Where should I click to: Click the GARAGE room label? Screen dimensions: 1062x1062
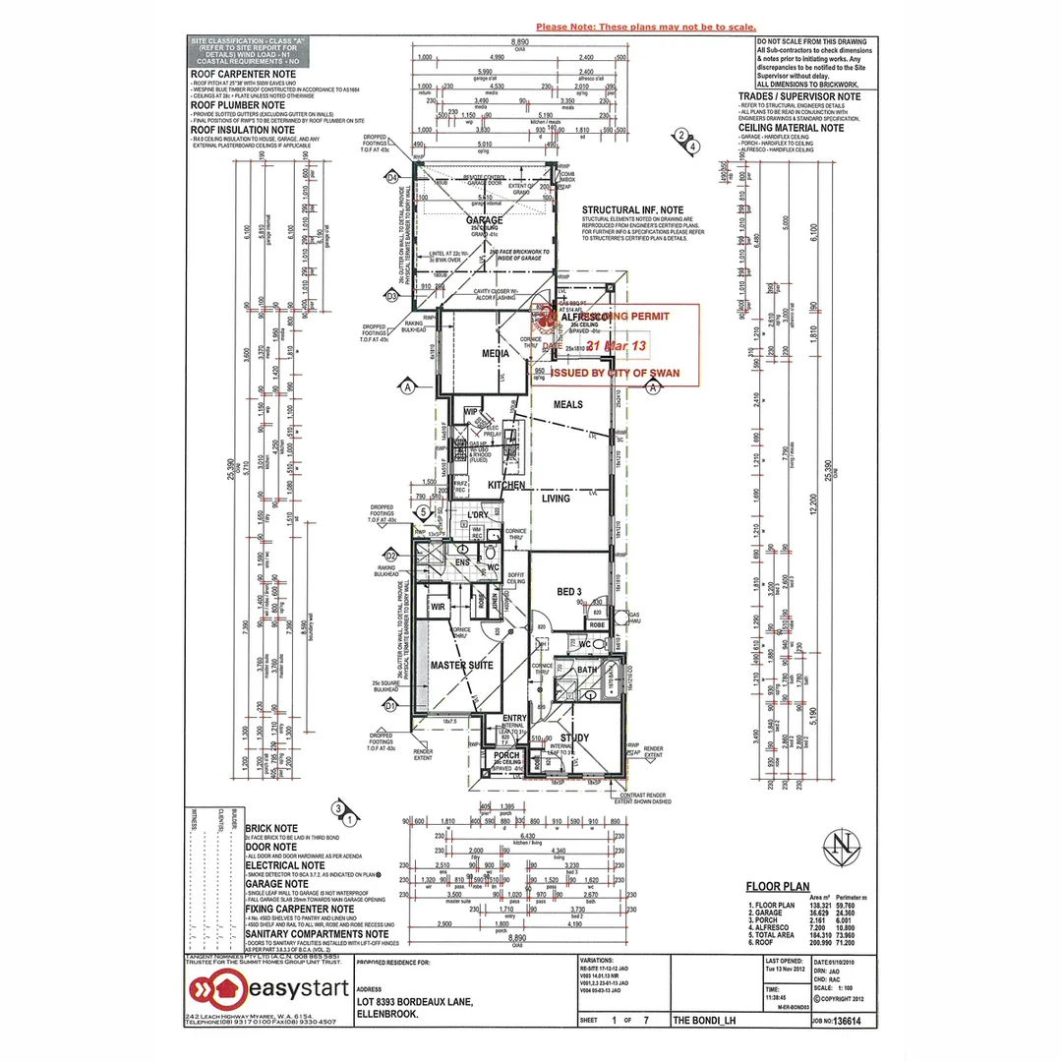[x=484, y=220]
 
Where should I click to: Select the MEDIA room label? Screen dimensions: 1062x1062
[x=495, y=353]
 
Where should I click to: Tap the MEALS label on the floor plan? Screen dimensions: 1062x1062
[x=567, y=404]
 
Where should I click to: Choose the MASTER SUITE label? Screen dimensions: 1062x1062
[x=461, y=666]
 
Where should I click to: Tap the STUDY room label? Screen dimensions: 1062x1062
[x=574, y=737]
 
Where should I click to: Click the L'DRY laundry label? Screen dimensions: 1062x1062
[x=479, y=515]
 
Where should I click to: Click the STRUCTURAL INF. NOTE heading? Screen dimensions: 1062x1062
[x=632, y=210]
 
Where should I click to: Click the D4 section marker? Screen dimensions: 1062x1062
[x=391, y=178]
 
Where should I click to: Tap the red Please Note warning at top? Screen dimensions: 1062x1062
[x=645, y=28]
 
